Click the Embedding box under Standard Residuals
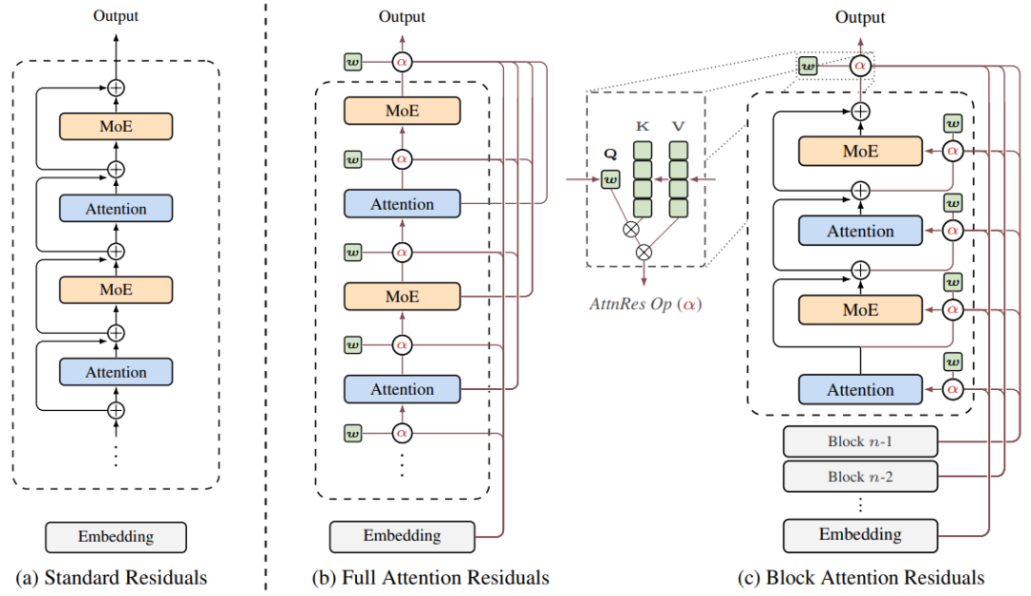pyautogui.click(x=116, y=537)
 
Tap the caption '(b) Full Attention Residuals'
pyautogui.click(x=431, y=577)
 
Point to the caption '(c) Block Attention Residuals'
pyautogui.click(x=860, y=577)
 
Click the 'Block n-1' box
pyautogui.click(x=860, y=442)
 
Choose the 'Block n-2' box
pyautogui.click(x=860, y=475)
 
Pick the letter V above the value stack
pyautogui.click(x=679, y=125)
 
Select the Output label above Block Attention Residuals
pyautogui.click(x=860, y=17)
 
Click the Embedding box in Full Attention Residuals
pyautogui.click(x=402, y=536)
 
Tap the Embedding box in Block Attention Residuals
pyautogui.click(x=860, y=534)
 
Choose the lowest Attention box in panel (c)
pyautogui.click(x=860, y=389)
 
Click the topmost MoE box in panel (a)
pyautogui.click(x=116, y=127)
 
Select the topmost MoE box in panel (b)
pyautogui.click(x=402, y=111)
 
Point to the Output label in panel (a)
pyautogui.click(x=116, y=15)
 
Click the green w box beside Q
pyautogui.click(x=609, y=177)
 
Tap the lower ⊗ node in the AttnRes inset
pyautogui.click(x=643, y=252)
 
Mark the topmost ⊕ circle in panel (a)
pyautogui.click(x=116, y=88)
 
